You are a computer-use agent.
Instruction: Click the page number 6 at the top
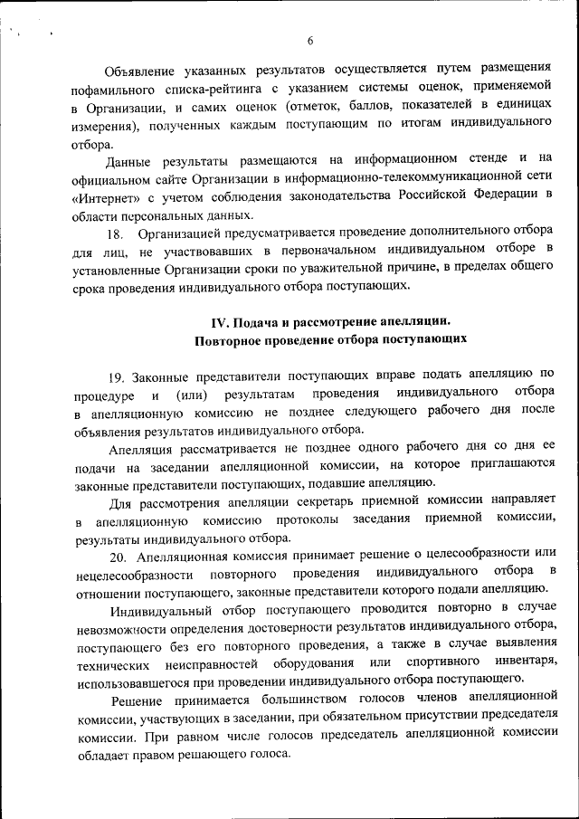point(309,41)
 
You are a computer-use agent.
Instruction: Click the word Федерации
point(504,196)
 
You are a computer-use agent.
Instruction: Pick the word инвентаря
point(526,662)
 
